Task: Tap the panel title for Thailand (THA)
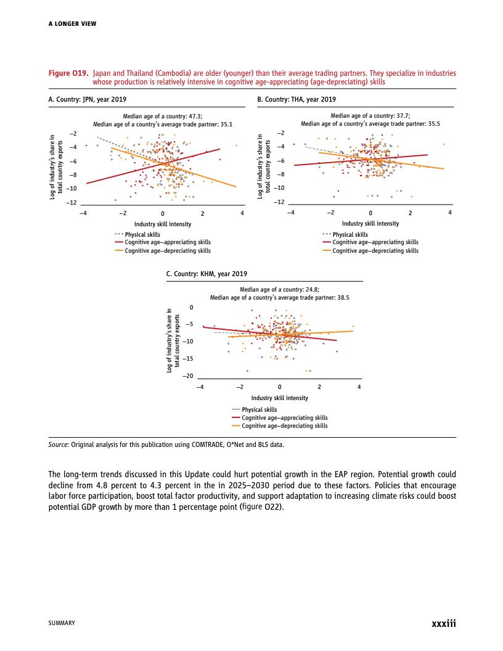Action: tap(296, 99)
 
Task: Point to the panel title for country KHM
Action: tap(207, 274)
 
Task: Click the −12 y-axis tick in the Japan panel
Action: tap(72, 202)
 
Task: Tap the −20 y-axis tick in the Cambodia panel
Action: tap(188, 375)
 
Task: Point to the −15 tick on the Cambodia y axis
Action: tap(188, 358)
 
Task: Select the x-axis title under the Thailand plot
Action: tap(370, 224)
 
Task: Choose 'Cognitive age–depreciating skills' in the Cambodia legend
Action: tap(284, 425)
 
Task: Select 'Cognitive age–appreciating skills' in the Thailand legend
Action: tap(375, 242)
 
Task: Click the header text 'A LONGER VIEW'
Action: tap(72, 24)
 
